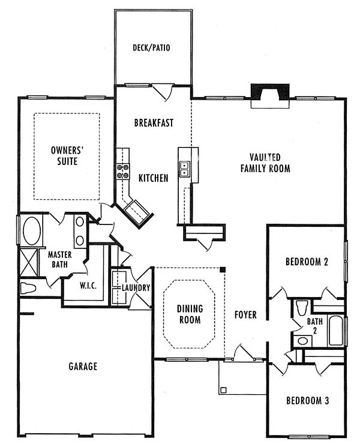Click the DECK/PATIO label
click(151, 47)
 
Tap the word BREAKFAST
click(154, 123)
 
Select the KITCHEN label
click(154, 178)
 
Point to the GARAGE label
click(83, 367)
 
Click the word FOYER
click(245, 315)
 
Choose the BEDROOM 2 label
click(307, 262)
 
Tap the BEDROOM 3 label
click(308, 401)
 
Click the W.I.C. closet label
click(88, 286)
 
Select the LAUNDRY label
click(136, 287)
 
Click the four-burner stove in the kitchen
click(122, 172)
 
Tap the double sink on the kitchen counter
click(184, 169)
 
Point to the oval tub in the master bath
click(31, 230)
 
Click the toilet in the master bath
click(28, 288)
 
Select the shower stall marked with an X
click(29, 262)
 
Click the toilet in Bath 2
click(302, 308)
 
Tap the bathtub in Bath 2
click(336, 331)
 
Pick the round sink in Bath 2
click(302, 341)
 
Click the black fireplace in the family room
click(270, 92)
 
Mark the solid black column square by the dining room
click(223, 269)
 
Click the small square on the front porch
click(223, 390)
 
